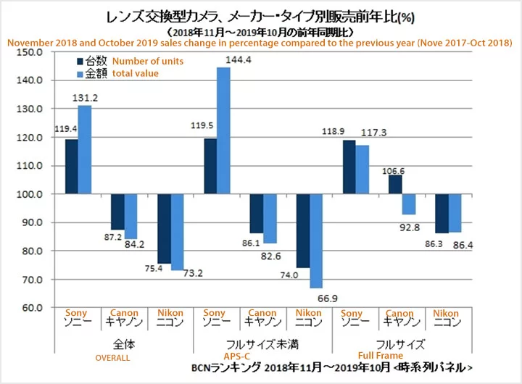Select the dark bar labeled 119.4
coord(71,167)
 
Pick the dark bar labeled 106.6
coord(395,185)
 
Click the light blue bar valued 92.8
coord(409,204)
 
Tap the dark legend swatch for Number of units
coord(81,61)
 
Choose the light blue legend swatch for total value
coord(81,73)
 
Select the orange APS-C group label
coord(254,356)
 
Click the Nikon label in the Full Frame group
coord(446,314)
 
